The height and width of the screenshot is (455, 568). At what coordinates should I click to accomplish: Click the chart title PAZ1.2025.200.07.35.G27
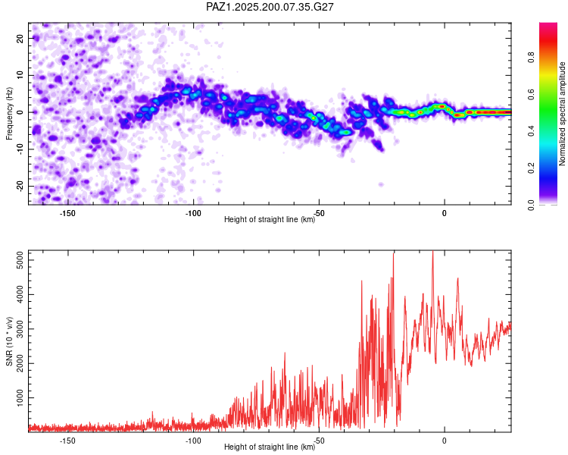pos(270,7)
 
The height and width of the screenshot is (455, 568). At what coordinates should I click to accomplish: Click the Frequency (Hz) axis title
pos(9,114)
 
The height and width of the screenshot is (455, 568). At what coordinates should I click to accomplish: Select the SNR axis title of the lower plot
pos(9,341)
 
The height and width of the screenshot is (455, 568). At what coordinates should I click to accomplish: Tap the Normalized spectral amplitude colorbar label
pos(562,114)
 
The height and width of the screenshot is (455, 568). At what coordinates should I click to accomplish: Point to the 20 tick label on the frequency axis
pos(20,38)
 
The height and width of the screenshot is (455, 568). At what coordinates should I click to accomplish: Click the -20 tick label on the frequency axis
pos(20,186)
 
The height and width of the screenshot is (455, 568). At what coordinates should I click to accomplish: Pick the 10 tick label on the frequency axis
pos(20,75)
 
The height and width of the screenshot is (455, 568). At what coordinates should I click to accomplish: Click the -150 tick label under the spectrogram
pos(67,213)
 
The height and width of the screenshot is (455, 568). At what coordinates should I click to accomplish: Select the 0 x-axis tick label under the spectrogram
pos(444,213)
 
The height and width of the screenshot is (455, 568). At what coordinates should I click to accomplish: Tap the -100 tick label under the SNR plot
pos(193,441)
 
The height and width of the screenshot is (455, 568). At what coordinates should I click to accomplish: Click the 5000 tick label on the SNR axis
pos(20,260)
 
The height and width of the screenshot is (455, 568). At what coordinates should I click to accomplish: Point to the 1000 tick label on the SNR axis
pos(20,397)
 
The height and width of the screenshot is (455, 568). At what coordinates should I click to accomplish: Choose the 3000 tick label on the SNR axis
pos(20,329)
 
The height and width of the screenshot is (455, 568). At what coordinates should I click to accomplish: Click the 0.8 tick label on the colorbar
pos(531,58)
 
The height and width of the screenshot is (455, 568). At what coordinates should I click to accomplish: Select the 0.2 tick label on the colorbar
pos(531,168)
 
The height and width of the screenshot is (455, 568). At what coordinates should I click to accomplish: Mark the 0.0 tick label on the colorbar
pos(531,205)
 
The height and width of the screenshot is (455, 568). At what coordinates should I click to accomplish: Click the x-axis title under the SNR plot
pos(270,447)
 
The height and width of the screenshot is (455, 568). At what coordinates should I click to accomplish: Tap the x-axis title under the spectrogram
pos(270,219)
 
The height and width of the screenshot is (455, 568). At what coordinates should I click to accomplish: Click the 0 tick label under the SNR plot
pos(444,441)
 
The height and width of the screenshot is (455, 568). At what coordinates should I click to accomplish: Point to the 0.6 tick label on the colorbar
pos(531,94)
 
